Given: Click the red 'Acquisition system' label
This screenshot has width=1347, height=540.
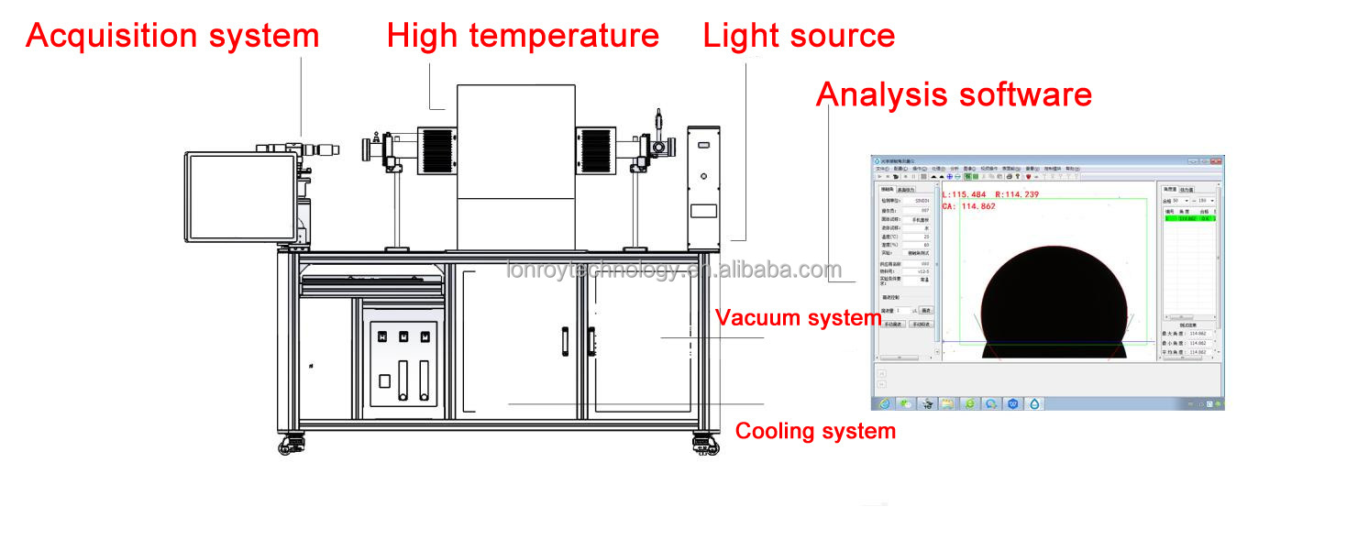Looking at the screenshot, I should (x=172, y=36).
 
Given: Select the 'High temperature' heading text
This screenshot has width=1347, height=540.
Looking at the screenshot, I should (x=523, y=36).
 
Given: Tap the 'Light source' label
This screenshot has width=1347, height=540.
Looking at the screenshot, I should (x=799, y=36).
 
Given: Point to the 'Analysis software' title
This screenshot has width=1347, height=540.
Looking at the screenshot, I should (x=954, y=94).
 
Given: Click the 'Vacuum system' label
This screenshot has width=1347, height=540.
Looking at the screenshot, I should (x=798, y=318).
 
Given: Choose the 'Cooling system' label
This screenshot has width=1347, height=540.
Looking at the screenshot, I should (x=815, y=431).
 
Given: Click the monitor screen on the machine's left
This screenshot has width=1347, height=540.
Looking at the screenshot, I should (x=241, y=199).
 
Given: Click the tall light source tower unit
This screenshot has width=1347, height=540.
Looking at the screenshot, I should (x=703, y=188).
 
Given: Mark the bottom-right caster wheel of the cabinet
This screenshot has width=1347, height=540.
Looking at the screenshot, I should (x=704, y=446).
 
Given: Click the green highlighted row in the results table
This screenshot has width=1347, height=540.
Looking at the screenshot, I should (x=1189, y=218).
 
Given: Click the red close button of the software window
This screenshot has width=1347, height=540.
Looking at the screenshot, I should (x=1216, y=161).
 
